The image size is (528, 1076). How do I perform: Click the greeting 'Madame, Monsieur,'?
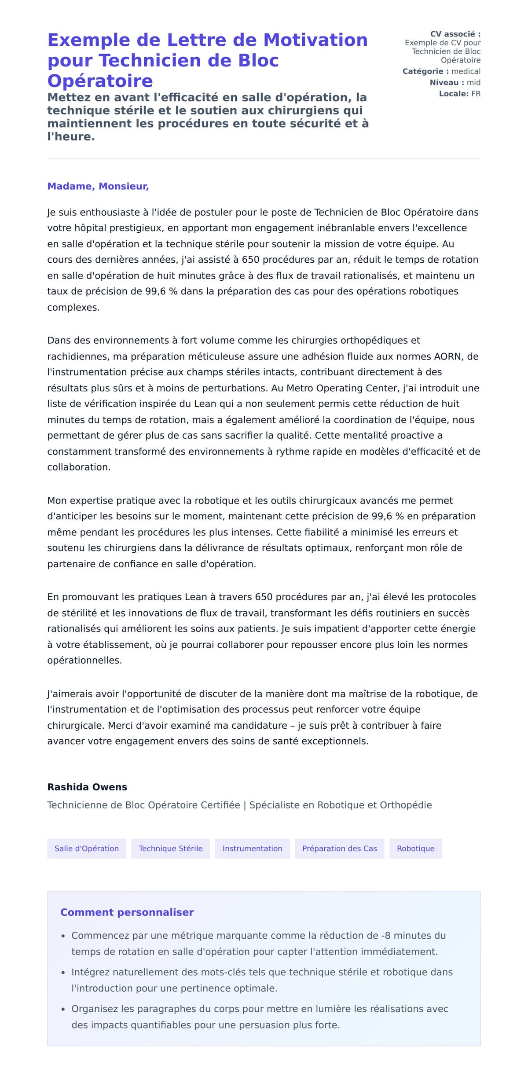pos(98,186)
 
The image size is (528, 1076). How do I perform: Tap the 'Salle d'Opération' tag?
pos(87,848)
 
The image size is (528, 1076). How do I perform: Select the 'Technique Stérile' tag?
pos(171,848)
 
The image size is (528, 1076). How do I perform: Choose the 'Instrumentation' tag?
pos(252,848)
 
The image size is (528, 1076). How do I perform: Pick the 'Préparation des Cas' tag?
pos(339,848)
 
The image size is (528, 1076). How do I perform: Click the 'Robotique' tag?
pos(415,848)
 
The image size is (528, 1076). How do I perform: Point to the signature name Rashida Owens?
pos(87,787)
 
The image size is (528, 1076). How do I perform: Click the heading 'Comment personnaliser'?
pos(127,912)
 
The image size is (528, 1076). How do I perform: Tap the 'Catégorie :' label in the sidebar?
pos(425,71)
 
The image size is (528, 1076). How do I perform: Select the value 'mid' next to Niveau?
pos(473,82)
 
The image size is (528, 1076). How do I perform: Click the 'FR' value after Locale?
pos(476,94)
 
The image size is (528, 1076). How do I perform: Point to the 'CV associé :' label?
pos(455,34)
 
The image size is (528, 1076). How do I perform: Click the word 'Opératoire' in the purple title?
pos(100,81)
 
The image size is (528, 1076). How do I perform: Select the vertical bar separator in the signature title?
pos(245,805)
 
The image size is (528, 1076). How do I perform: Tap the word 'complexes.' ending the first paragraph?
pos(73,308)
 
